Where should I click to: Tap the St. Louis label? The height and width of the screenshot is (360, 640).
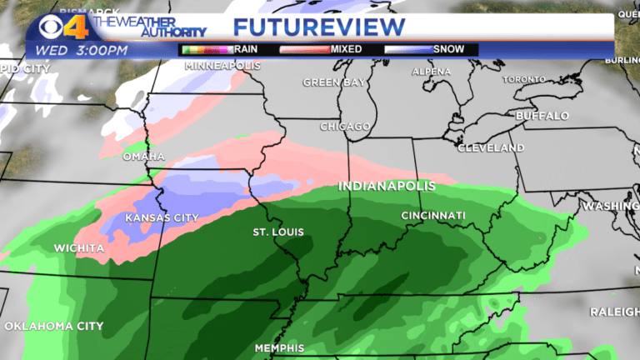point(278,232)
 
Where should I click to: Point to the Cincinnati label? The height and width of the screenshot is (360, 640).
point(432,216)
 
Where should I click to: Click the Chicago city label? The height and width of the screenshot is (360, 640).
point(345,127)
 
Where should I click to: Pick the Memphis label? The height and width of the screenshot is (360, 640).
point(279,347)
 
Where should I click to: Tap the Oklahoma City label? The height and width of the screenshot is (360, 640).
point(53,326)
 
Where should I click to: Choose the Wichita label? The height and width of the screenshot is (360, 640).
point(79,248)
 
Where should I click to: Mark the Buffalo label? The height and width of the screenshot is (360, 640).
point(542,115)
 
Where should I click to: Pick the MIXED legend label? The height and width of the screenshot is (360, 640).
point(347,49)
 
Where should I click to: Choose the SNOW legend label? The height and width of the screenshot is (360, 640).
point(450,49)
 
